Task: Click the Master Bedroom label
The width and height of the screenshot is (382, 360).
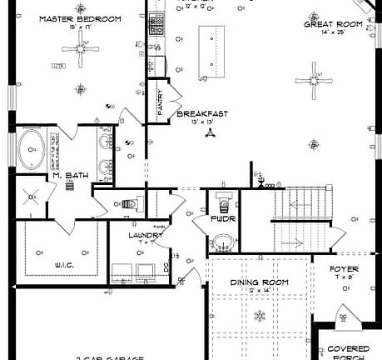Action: [80, 18]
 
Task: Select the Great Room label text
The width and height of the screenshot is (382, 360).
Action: [332, 25]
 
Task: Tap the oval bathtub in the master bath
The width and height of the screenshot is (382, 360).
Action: [34, 150]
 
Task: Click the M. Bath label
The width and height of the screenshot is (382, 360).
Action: [67, 175]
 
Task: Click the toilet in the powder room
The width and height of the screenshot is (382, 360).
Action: [221, 200]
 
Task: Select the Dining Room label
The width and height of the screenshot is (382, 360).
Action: [259, 282]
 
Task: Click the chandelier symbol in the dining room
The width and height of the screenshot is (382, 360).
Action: [259, 314]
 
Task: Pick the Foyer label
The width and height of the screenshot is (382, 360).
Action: [344, 269]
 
